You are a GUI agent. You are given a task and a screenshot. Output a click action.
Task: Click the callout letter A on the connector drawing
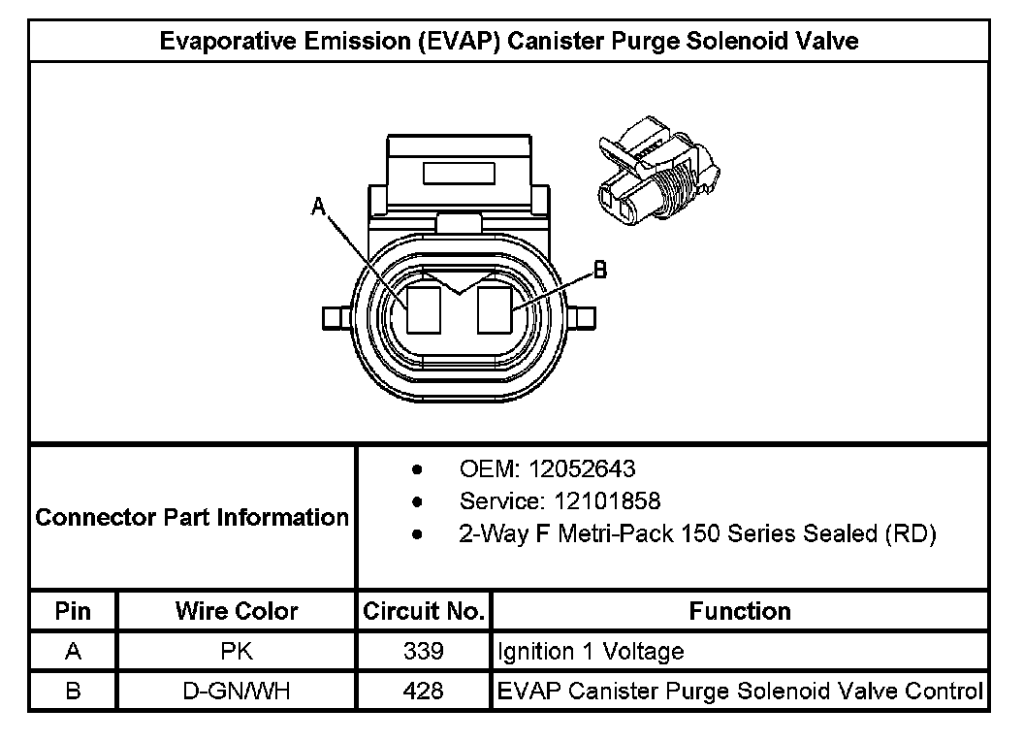317,206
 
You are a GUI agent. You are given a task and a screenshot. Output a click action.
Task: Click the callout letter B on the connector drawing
600,271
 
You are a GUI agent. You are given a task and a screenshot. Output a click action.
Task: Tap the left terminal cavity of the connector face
424,309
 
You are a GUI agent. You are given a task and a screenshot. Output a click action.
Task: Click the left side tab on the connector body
335,317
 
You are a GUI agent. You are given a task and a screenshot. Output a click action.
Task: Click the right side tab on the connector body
583,317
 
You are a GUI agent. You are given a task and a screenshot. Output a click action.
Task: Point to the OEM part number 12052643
581,469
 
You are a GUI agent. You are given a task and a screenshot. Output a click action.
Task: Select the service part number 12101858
608,501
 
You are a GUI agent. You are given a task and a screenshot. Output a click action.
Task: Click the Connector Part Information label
192,517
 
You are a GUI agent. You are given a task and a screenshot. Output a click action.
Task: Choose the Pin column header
74,611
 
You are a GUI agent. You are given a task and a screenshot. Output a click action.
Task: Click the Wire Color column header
237,611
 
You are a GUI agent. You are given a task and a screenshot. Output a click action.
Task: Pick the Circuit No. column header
424,611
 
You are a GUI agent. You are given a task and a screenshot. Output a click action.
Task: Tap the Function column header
740,611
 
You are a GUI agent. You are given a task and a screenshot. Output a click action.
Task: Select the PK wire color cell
237,651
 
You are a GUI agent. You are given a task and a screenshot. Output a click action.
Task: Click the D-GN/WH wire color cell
237,691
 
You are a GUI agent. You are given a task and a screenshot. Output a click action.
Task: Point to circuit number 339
424,651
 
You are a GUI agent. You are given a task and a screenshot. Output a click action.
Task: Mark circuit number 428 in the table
424,691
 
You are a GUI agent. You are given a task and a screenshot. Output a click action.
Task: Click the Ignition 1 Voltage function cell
591,651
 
